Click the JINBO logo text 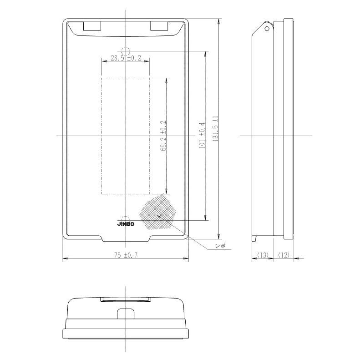[125, 224]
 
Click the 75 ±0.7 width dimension [125, 255]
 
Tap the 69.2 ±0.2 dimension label [163, 135]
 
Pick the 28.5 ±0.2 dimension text [126, 58]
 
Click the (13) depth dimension [263, 255]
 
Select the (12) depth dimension [283, 255]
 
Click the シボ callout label [221, 246]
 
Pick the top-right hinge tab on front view [159, 27]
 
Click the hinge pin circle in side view [268, 28]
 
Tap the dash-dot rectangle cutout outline [126, 135]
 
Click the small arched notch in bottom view [125, 314]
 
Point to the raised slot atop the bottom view [125, 299]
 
